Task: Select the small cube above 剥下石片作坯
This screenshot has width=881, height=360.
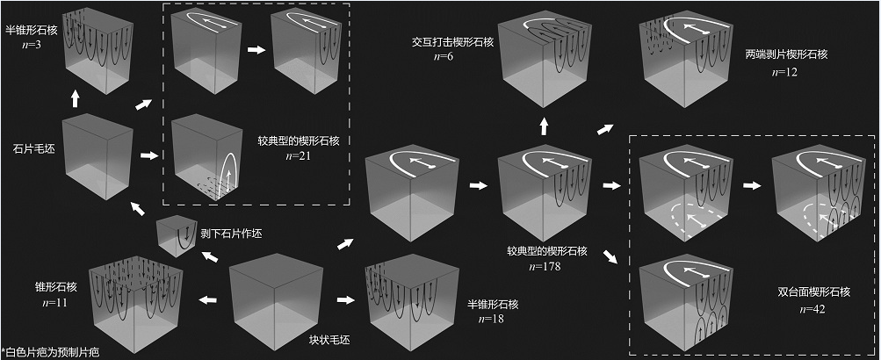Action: click(x=176, y=238)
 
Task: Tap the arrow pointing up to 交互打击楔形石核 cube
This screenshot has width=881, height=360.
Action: click(x=545, y=126)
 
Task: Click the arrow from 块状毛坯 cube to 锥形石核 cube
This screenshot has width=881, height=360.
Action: click(x=208, y=300)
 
